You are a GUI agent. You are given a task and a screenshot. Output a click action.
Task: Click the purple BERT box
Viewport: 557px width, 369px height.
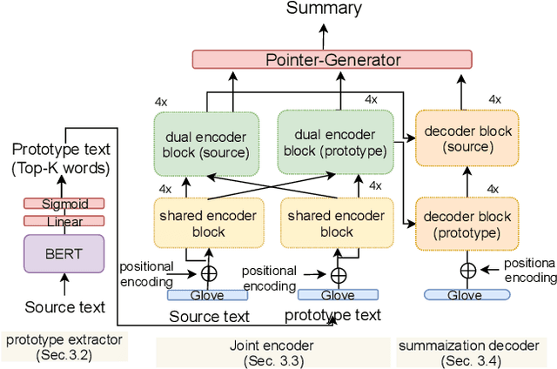tap(64, 255)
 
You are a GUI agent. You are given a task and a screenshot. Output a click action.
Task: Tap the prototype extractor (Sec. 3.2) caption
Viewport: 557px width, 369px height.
tap(64, 347)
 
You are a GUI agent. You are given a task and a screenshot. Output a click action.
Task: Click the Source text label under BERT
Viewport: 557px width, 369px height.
tap(65, 307)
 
